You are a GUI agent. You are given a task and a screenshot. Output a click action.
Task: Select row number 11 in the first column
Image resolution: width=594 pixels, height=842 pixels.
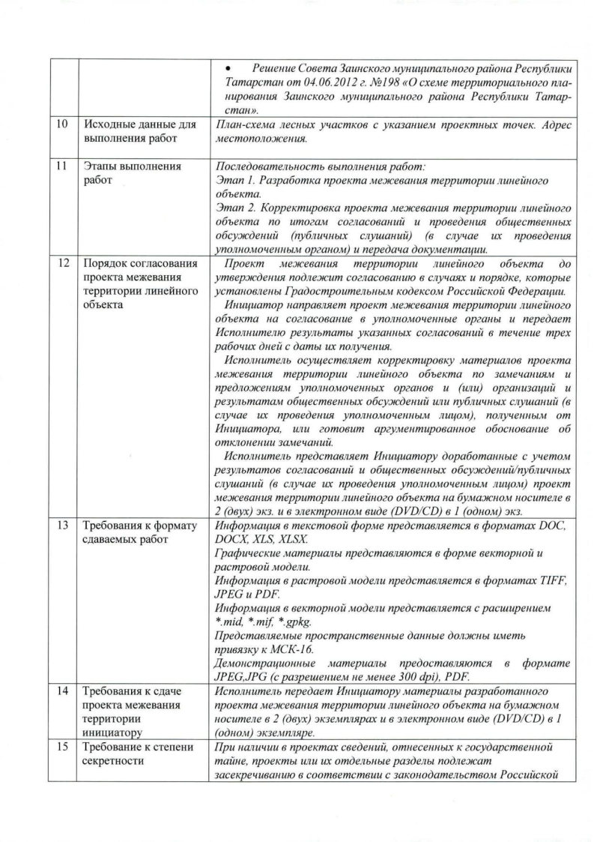point(64,166)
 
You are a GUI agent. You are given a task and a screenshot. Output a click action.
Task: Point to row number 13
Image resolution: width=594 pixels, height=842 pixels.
point(64,525)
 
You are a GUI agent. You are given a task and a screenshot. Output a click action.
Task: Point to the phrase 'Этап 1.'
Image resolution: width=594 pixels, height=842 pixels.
point(233,181)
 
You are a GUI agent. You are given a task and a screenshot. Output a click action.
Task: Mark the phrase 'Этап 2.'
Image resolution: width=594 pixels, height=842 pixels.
point(233,206)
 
